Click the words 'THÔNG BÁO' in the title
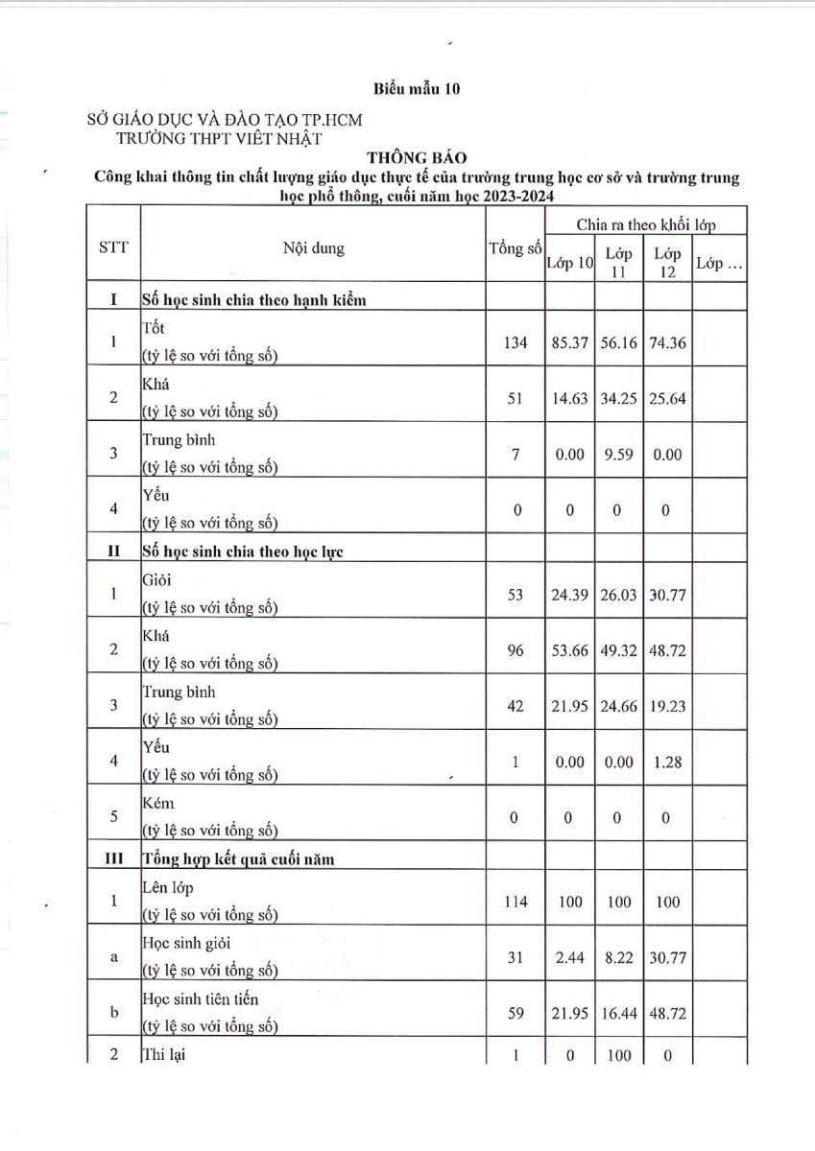tap(415, 156)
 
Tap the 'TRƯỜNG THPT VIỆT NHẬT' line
tap(219, 137)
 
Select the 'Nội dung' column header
tap(313, 248)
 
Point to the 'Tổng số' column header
tap(515, 248)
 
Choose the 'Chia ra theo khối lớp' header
tap(647, 224)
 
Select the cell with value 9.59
tap(618, 455)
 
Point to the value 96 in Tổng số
tap(516, 650)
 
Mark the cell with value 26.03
tap(618, 595)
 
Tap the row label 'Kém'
tap(158, 803)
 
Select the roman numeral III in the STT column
tap(113, 859)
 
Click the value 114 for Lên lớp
tap(516, 902)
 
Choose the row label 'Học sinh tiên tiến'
tap(200, 999)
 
